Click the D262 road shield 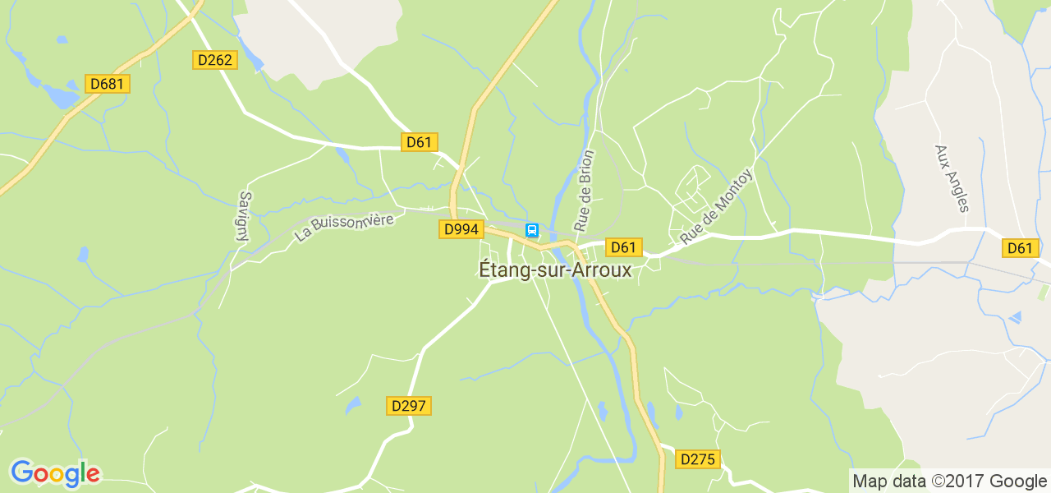[x=215, y=60]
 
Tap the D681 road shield [x=108, y=84]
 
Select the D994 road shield [x=460, y=229]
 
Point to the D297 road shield [x=409, y=406]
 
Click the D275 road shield [x=698, y=459]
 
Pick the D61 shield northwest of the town [x=419, y=142]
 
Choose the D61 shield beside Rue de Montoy [x=623, y=247]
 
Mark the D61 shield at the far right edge [x=1020, y=248]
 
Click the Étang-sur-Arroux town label [x=555, y=270]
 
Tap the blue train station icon [x=532, y=230]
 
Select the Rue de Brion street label [x=584, y=191]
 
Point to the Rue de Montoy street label [x=716, y=206]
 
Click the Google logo [x=55, y=474]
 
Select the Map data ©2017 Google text [x=949, y=481]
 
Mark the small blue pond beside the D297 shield [x=353, y=405]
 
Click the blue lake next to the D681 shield [x=60, y=98]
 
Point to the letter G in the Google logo [x=22, y=472]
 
